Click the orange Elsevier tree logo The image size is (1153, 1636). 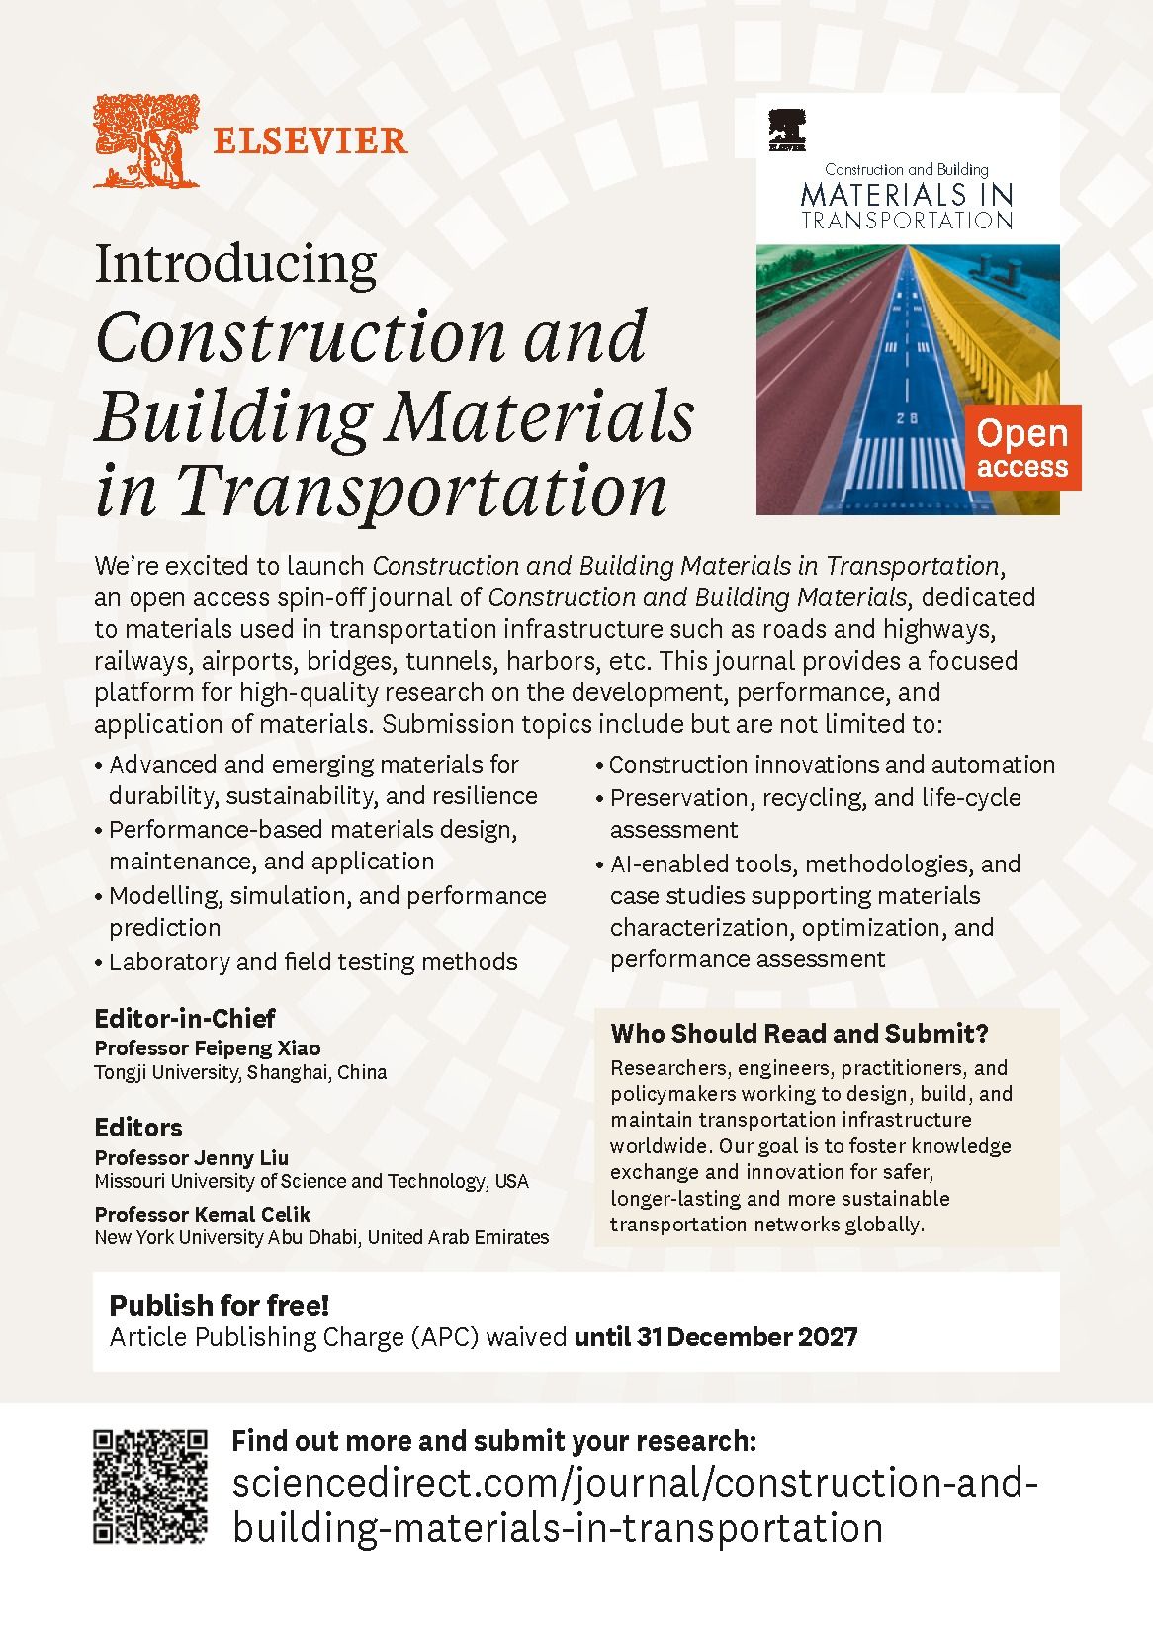click(146, 141)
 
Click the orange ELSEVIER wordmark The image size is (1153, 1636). click(310, 141)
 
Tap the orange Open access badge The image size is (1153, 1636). click(1021, 447)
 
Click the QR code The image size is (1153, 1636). click(150, 1486)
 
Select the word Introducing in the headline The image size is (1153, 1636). click(235, 265)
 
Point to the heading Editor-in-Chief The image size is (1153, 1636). click(184, 1018)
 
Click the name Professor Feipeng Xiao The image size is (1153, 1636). click(208, 1047)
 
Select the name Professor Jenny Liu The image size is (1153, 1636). click(192, 1157)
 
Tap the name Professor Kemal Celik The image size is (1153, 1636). click(203, 1214)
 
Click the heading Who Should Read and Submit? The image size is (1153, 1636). click(799, 1034)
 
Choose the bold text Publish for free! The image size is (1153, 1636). click(219, 1305)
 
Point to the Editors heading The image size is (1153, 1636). click(138, 1128)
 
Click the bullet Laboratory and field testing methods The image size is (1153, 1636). click(312, 961)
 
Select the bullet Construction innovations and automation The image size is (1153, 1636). click(832, 765)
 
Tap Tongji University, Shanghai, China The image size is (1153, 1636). click(240, 1072)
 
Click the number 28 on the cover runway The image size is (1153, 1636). click(907, 418)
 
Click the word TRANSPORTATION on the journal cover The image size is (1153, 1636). click(907, 221)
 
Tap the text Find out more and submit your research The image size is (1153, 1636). click(493, 1441)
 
